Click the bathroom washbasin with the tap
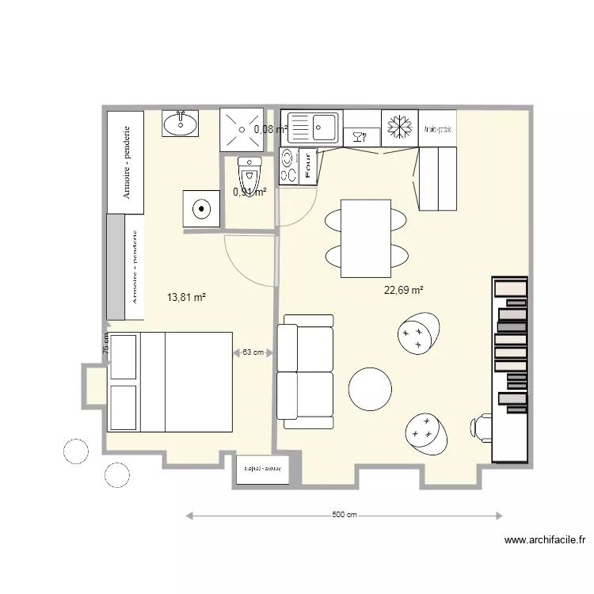181,123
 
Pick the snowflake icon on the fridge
399,127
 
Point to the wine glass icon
362,136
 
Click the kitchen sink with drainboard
313,127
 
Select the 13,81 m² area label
187,298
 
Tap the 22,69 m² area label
403,291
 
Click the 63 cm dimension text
253,352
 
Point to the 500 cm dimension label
344,516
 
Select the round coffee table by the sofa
370,389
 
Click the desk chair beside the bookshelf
480,427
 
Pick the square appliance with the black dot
202,209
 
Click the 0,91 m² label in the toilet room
249,191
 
